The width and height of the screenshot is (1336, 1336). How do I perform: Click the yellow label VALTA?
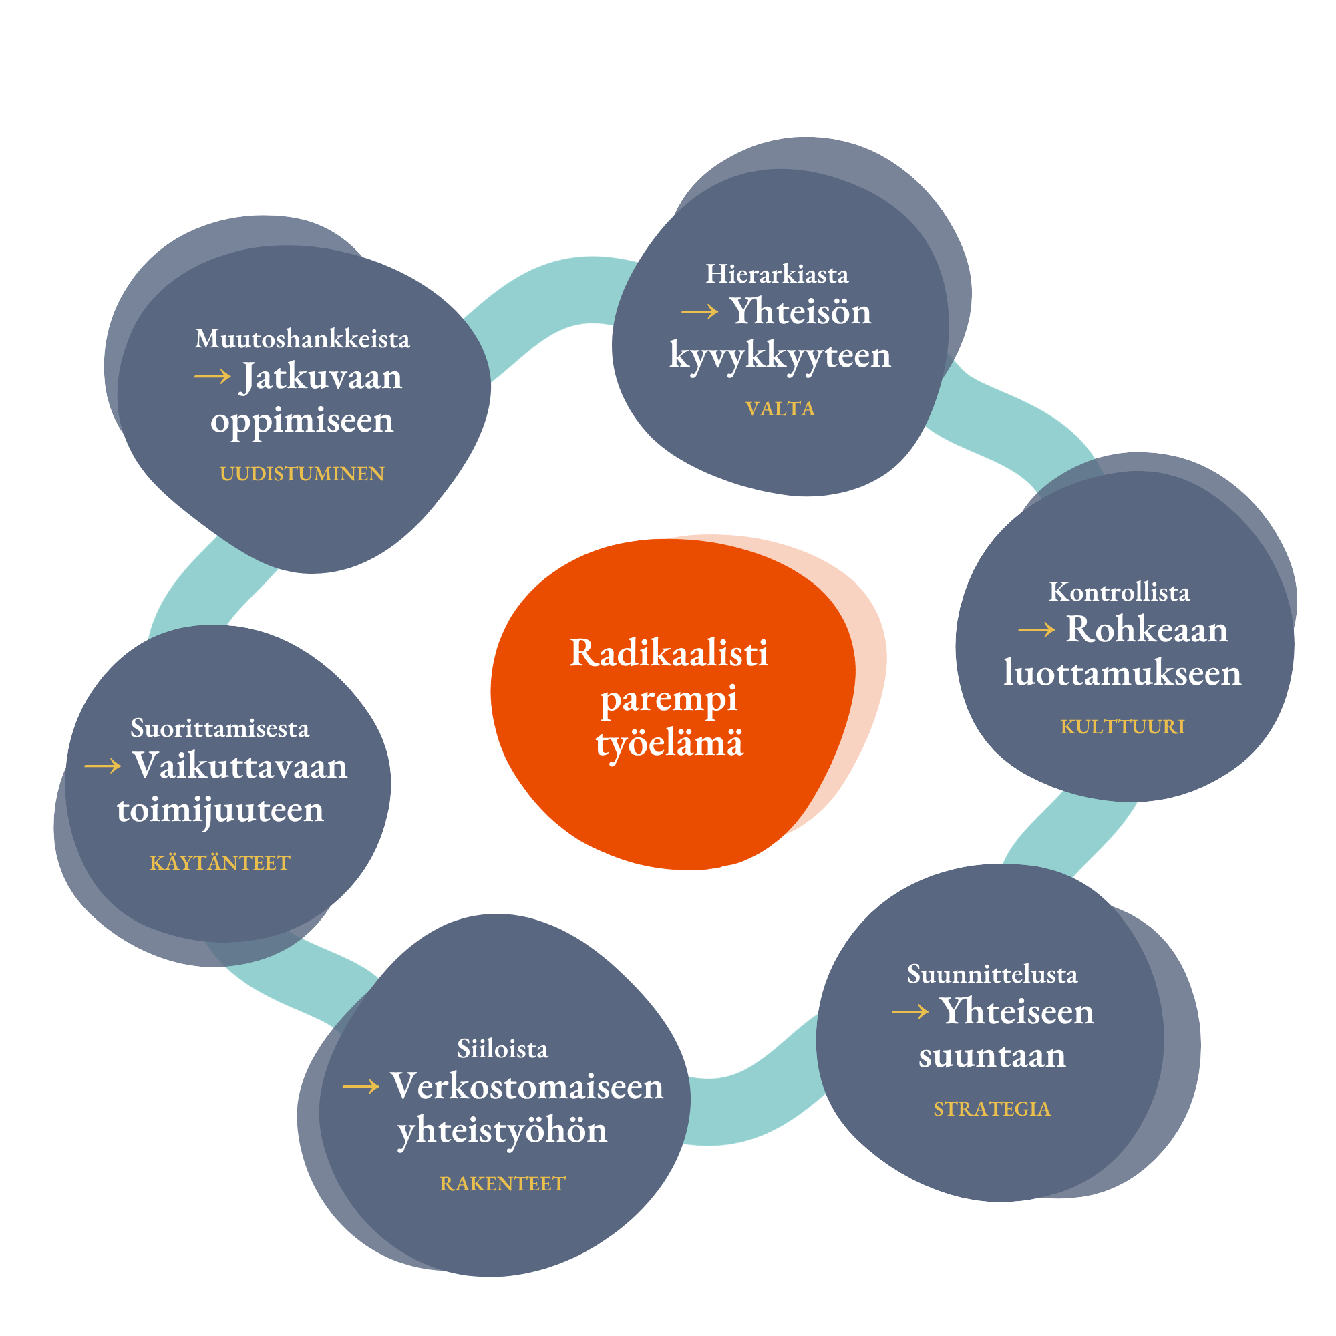(780, 409)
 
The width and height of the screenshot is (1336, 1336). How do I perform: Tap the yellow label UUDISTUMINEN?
(302, 474)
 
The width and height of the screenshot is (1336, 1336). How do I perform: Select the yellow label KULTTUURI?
(1122, 727)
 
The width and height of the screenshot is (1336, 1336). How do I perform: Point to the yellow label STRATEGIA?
(991, 1109)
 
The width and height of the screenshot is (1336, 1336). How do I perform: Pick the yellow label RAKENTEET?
(503, 1184)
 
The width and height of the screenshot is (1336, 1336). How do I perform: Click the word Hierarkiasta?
(777, 275)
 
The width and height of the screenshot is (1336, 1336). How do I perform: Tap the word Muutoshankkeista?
(302, 339)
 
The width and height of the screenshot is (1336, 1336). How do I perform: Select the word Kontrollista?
(1120, 592)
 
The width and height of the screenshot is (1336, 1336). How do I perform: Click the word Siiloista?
(503, 1049)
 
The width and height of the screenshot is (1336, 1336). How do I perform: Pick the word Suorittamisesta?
(220, 728)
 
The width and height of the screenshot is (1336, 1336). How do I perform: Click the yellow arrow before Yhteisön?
(700, 313)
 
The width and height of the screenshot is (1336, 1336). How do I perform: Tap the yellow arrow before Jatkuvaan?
(212, 377)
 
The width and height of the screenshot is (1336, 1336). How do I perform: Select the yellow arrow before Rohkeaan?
(1037, 630)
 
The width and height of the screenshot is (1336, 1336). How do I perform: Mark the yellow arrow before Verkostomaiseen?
(360, 1087)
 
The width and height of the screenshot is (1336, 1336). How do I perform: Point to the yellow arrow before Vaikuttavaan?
(102, 766)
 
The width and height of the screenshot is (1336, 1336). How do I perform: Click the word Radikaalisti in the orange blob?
(669, 653)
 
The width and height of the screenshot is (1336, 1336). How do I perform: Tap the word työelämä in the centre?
(669, 744)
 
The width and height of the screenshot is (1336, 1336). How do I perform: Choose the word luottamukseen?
(1122, 673)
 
